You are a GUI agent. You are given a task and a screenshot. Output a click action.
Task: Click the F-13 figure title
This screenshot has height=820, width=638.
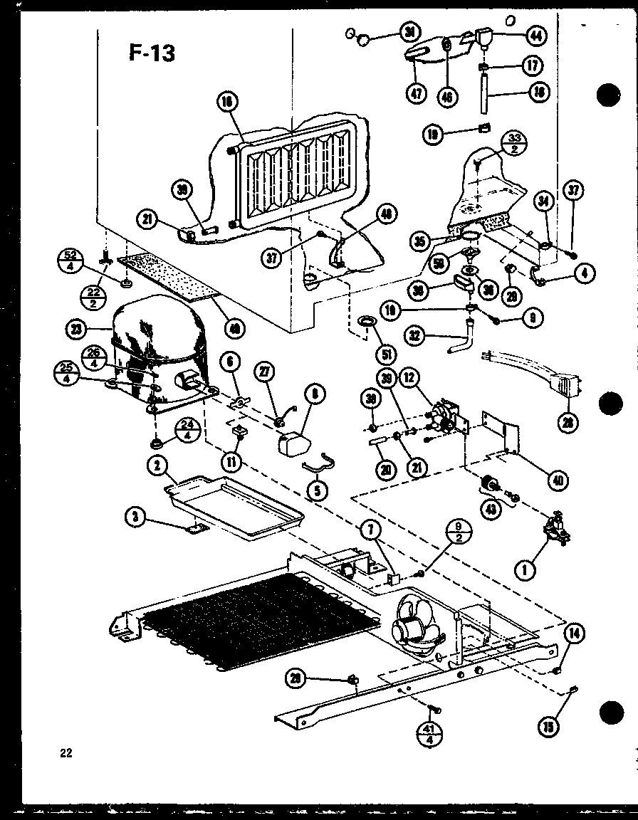(152, 52)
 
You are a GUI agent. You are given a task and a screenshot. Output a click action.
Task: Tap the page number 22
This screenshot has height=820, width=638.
(66, 752)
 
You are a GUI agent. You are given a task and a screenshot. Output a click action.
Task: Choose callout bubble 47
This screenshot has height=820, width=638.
(414, 95)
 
